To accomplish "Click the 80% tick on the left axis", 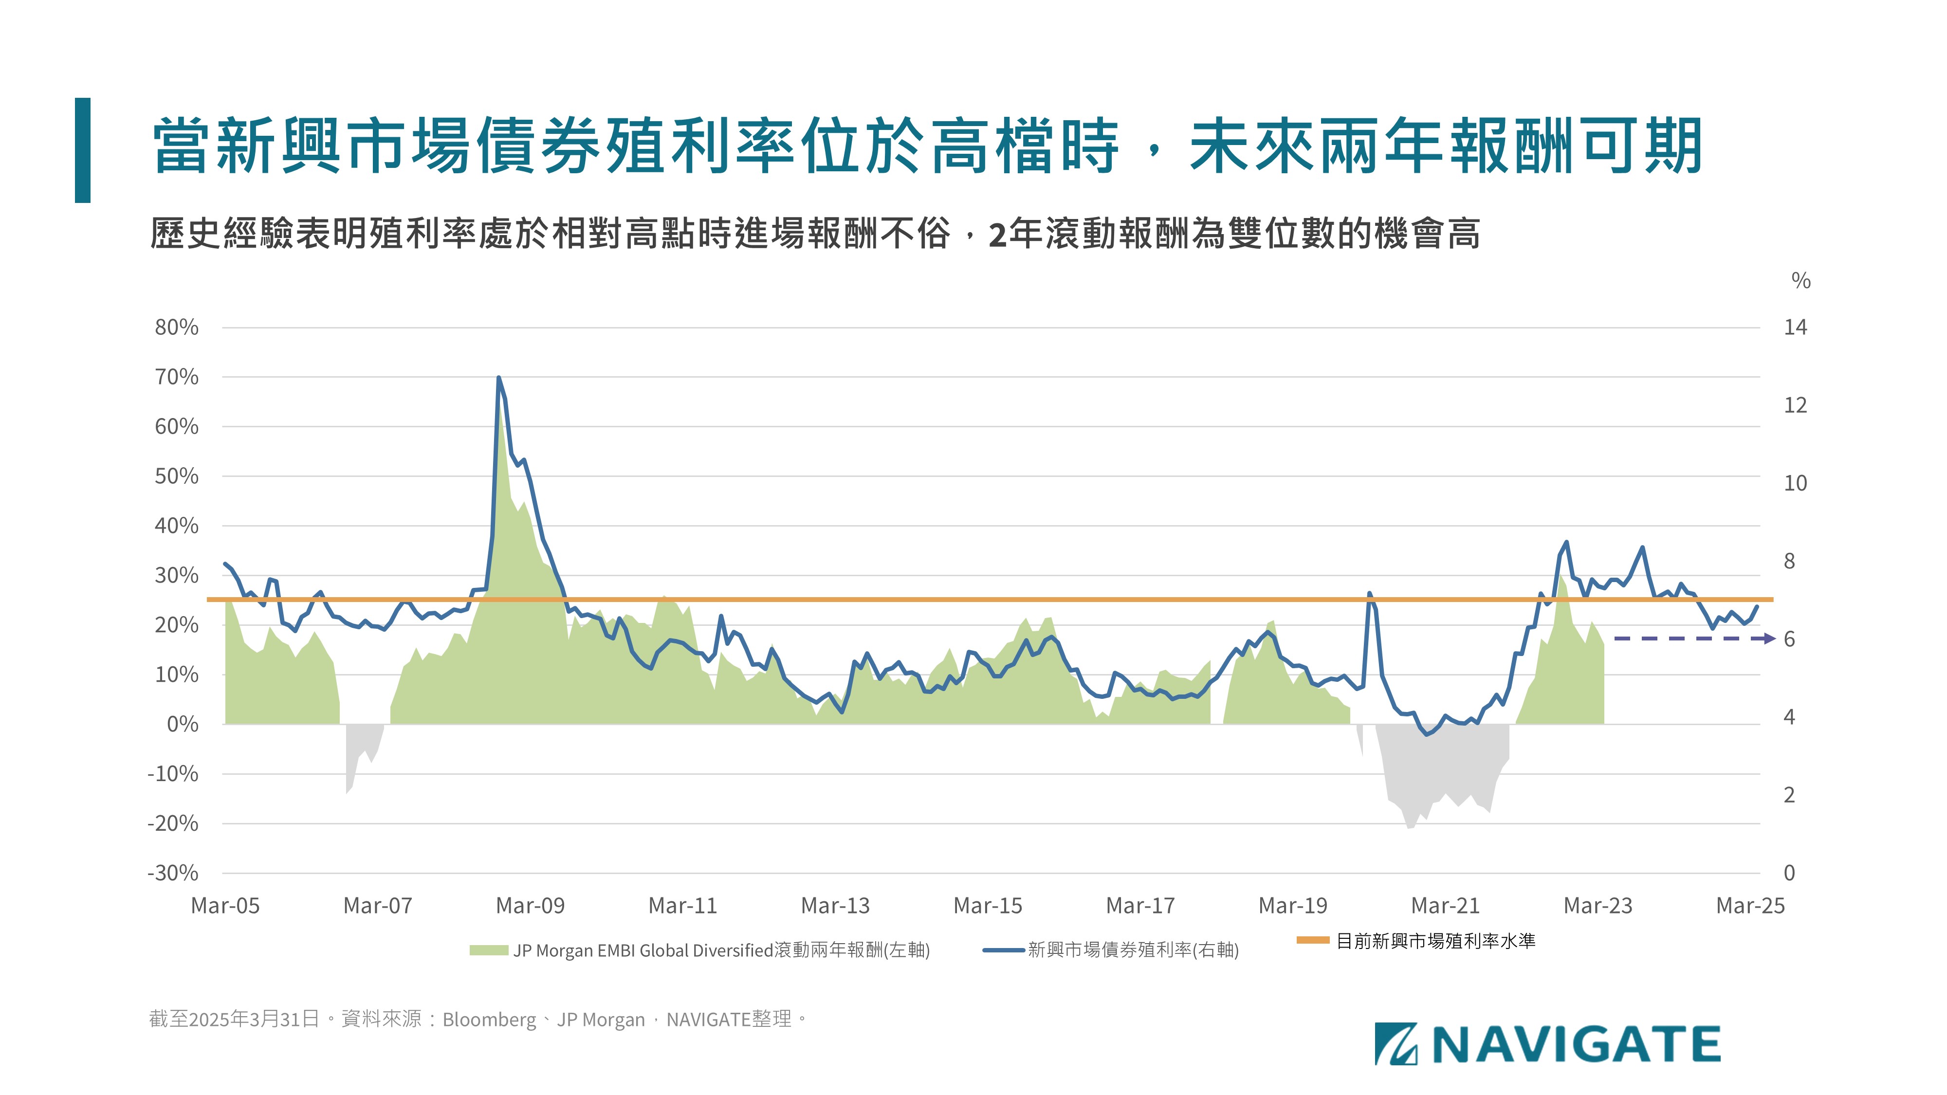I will point(177,327).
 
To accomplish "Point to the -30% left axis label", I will point(173,873).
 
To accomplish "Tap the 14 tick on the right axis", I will point(1795,327).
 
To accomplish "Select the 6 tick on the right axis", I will point(1789,639).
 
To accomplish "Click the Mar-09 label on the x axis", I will point(530,905).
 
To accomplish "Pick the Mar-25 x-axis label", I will point(1750,905).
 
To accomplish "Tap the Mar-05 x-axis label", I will point(225,905).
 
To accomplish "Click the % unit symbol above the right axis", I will point(1800,281).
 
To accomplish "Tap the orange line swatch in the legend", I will point(1312,940).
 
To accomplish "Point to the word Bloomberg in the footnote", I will point(489,1020).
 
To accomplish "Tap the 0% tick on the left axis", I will point(182,724).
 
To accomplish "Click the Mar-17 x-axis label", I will point(1140,905).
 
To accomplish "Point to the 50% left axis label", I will point(177,476).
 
